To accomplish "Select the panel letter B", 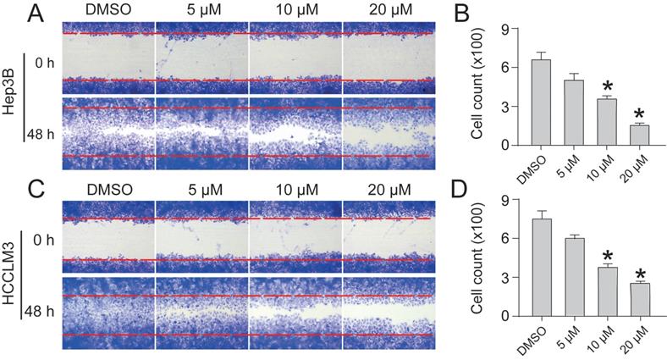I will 462,14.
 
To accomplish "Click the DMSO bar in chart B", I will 540,102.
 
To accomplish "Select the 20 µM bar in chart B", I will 639,135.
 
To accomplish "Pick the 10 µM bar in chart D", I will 606,291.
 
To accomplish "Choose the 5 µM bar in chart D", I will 573,277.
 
